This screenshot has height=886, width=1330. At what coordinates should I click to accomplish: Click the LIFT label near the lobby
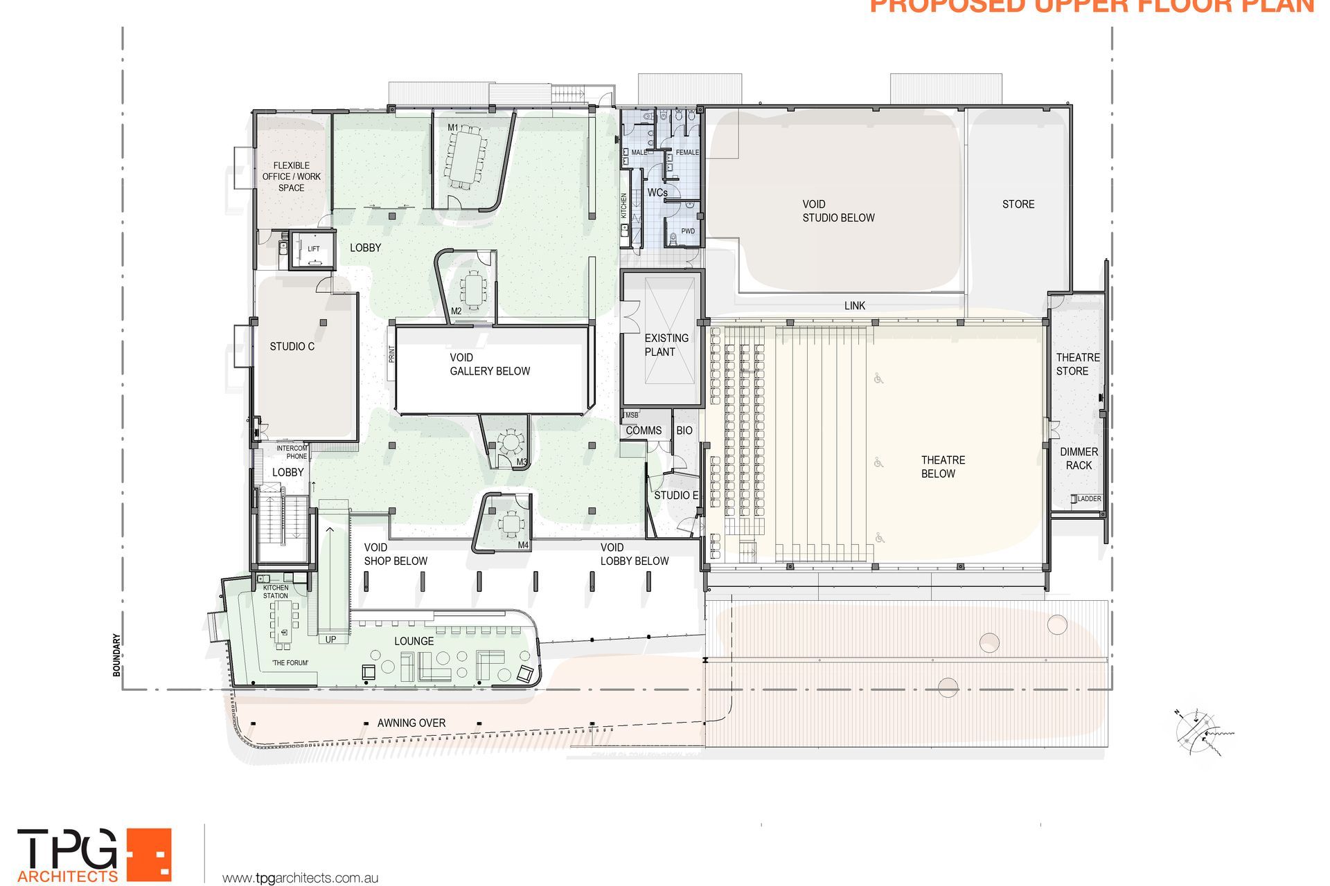coord(314,249)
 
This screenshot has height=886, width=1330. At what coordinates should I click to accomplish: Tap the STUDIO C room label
coord(292,346)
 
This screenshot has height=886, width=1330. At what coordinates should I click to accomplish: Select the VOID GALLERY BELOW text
coord(489,364)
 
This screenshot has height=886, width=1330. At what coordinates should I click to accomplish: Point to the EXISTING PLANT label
coord(666,345)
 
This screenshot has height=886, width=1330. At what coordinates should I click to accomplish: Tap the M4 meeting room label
coord(523,545)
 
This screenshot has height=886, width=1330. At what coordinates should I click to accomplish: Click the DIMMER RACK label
coord(1079,458)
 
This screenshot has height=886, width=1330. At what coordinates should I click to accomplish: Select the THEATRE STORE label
coord(1077,364)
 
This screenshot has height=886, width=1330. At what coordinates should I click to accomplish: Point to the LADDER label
coord(1089,498)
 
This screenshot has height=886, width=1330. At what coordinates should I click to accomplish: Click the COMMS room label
coord(644,431)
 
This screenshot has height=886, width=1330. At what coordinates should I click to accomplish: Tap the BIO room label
coord(684,431)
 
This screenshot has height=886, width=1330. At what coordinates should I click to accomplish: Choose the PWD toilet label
coord(687,231)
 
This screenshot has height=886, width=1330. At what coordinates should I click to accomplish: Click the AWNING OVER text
coord(411,723)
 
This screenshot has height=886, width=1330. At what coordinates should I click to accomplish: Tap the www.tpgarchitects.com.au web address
coord(300,878)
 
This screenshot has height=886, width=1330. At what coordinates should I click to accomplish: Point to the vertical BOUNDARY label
coord(116,655)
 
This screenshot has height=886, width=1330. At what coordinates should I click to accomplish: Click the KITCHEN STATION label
coord(275,592)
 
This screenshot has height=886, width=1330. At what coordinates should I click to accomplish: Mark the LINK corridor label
coord(854,305)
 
